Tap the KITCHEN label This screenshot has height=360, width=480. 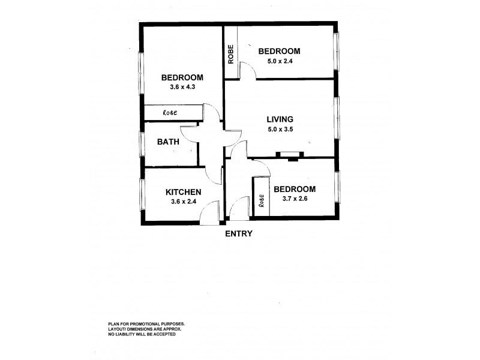pos(183,192)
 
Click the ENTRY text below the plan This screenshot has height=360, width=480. pos(239,233)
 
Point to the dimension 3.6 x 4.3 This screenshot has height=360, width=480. pos(182,87)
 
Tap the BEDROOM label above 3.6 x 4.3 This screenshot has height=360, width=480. pos(182,77)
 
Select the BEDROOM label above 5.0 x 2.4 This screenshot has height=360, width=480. pos(278,51)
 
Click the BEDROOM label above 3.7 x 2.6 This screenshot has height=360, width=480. pos(294,189)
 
